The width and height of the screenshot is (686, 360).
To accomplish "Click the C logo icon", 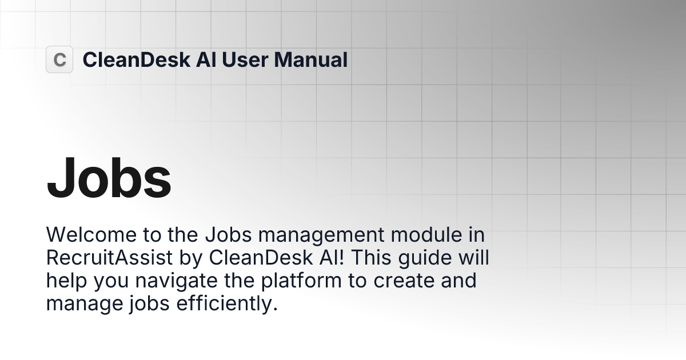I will coord(59,59).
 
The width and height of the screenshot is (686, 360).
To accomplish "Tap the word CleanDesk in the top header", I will coord(136,59).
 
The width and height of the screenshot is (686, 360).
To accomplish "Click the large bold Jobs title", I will coord(109,178).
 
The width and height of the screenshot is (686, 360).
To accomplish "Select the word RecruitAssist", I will coord(109,258).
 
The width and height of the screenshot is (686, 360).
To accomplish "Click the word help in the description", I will coord(64,281).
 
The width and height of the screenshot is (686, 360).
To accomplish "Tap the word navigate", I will coord(171,281).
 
